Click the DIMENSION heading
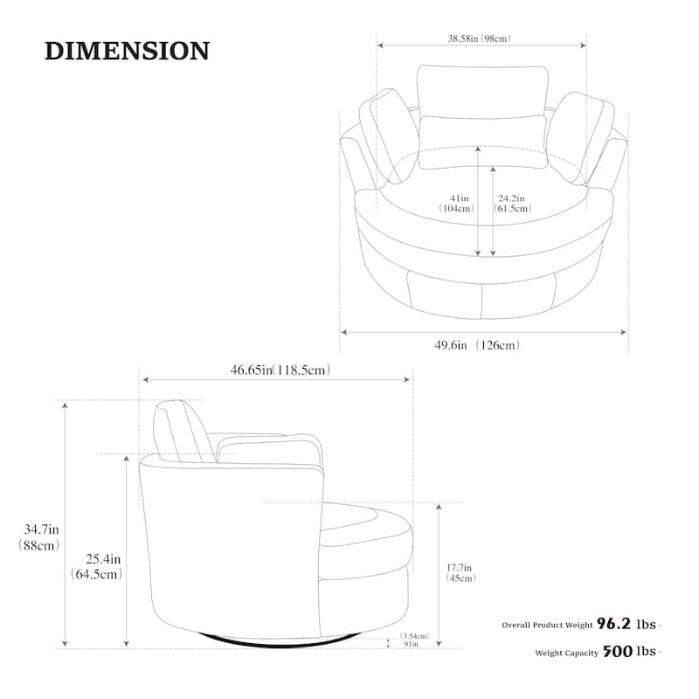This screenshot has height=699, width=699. (127, 51)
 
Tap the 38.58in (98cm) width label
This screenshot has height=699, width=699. (479, 38)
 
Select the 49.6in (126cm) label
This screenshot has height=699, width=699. (477, 345)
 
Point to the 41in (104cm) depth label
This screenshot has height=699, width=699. (457, 204)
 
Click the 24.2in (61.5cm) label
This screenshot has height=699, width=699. (513, 204)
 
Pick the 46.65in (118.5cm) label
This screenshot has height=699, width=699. (280, 370)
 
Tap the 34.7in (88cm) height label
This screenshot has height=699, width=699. (39, 537)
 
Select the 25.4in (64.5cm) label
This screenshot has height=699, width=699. (97, 566)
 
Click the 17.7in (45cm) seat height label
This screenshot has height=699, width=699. (460, 573)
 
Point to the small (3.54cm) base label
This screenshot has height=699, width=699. (414, 636)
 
